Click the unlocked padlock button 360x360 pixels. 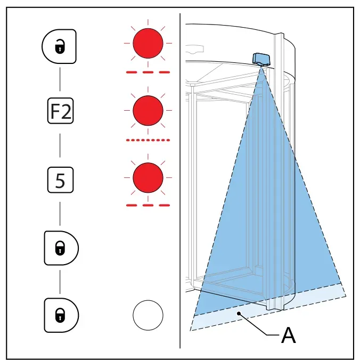59,46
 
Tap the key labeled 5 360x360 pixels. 60,180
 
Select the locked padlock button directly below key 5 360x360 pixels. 61,248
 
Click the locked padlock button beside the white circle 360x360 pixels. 61,315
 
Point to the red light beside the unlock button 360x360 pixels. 148,43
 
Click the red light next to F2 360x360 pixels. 148,110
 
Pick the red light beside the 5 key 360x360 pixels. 148,178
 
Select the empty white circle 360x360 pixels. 148,315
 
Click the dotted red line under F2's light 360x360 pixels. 148,140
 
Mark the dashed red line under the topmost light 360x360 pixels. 148,72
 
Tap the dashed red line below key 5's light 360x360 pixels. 148,205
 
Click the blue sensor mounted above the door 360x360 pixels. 261,59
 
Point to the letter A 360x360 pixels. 288,335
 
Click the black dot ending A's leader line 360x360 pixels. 239,313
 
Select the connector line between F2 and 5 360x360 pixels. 60,145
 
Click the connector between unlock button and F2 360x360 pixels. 60,79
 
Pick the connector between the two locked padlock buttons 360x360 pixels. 60,282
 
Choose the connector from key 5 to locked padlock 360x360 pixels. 60,214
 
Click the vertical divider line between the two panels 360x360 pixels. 180,181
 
